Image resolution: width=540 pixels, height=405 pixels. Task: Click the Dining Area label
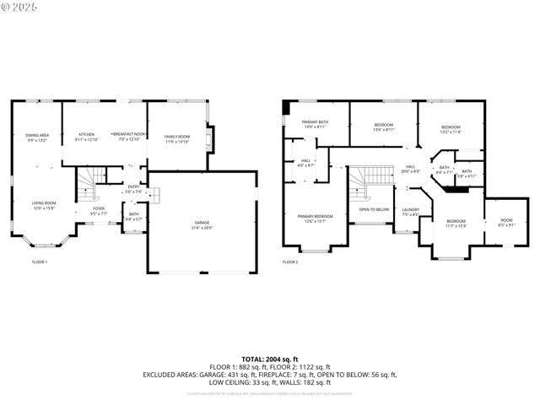[x=36, y=138]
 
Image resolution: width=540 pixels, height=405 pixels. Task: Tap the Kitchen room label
[x=87, y=138]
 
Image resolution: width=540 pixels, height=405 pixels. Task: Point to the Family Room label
[x=177, y=138]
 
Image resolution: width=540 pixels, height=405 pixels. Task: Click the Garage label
[x=202, y=225]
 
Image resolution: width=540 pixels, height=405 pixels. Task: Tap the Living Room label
[x=44, y=205]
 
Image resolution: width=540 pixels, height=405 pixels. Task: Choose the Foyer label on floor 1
[x=99, y=211]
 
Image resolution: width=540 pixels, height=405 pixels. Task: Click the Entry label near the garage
[x=133, y=190]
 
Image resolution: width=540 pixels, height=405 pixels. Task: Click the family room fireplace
[x=210, y=138]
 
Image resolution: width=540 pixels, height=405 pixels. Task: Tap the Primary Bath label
[x=315, y=125]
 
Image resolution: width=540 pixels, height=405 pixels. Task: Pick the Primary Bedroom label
[x=315, y=219]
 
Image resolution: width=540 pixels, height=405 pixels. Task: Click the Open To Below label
[x=374, y=209]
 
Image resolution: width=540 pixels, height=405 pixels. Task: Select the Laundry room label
[x=411, y=212]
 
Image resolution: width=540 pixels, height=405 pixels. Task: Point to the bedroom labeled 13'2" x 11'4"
[x=450, y=130]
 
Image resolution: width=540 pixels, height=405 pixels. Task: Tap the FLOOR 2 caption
[x=289, y=262]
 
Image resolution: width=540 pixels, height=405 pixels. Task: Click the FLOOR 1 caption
[x=40, y=262]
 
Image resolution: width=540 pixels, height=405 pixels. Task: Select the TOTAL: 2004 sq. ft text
[x=269, y=359]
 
